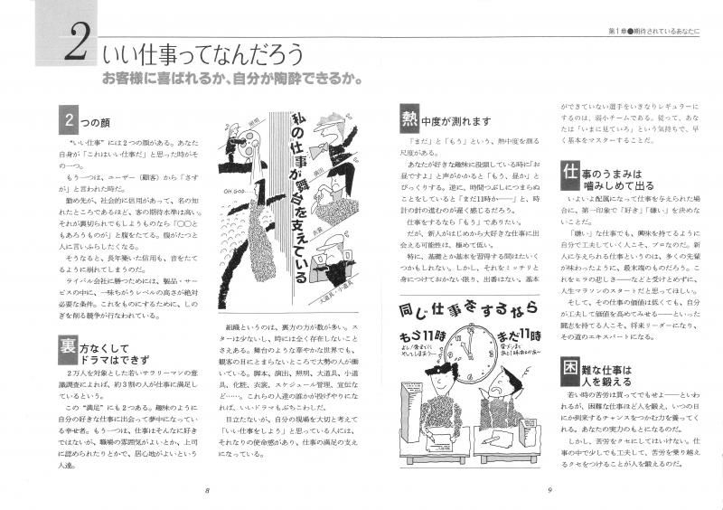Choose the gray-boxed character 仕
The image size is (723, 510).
point(570,172)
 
